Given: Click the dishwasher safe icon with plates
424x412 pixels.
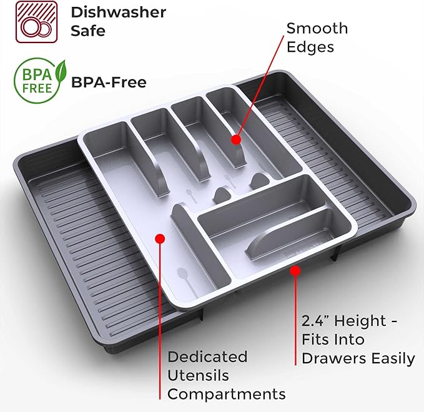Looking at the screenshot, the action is tap(36, 22).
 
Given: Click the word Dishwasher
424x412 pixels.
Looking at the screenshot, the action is tap(119, 12).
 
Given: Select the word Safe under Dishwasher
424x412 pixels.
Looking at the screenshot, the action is tap(88, 31).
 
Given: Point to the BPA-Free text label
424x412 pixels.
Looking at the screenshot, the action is tap(109, 82).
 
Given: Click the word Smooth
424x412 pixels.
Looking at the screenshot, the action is tap(317, 28).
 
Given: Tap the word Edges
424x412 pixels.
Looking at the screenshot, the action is tap(310, 47).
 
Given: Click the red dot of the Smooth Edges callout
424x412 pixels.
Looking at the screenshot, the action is tap(236, 140).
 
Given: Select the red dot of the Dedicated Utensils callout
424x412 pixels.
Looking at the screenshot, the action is tap(160, 238).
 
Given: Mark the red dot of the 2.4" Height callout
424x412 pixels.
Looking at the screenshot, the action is tap(295, 271).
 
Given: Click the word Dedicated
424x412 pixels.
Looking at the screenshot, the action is tap(207, 356).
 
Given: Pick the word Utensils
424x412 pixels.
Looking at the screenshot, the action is tap(198, 375).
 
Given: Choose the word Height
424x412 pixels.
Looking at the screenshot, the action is tap(360, 321).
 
